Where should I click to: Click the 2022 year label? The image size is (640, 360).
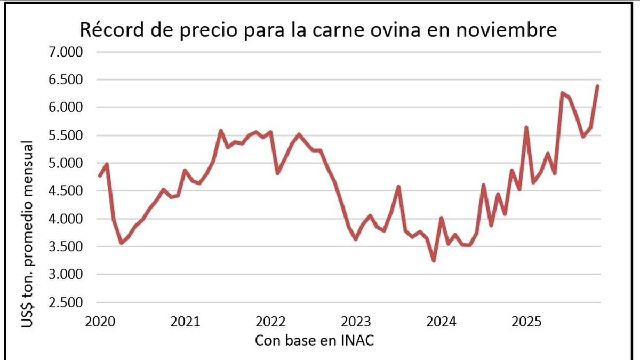coord(271,322)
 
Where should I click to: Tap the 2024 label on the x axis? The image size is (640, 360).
coord(442,322)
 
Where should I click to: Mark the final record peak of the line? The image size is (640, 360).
coord(598,85)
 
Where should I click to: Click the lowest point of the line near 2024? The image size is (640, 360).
coord(434,260)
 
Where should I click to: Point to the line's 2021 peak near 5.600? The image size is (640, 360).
coord(221,130)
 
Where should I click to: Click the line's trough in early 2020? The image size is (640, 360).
coord(122,243)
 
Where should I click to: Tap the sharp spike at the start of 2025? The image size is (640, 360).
coord(526,127)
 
